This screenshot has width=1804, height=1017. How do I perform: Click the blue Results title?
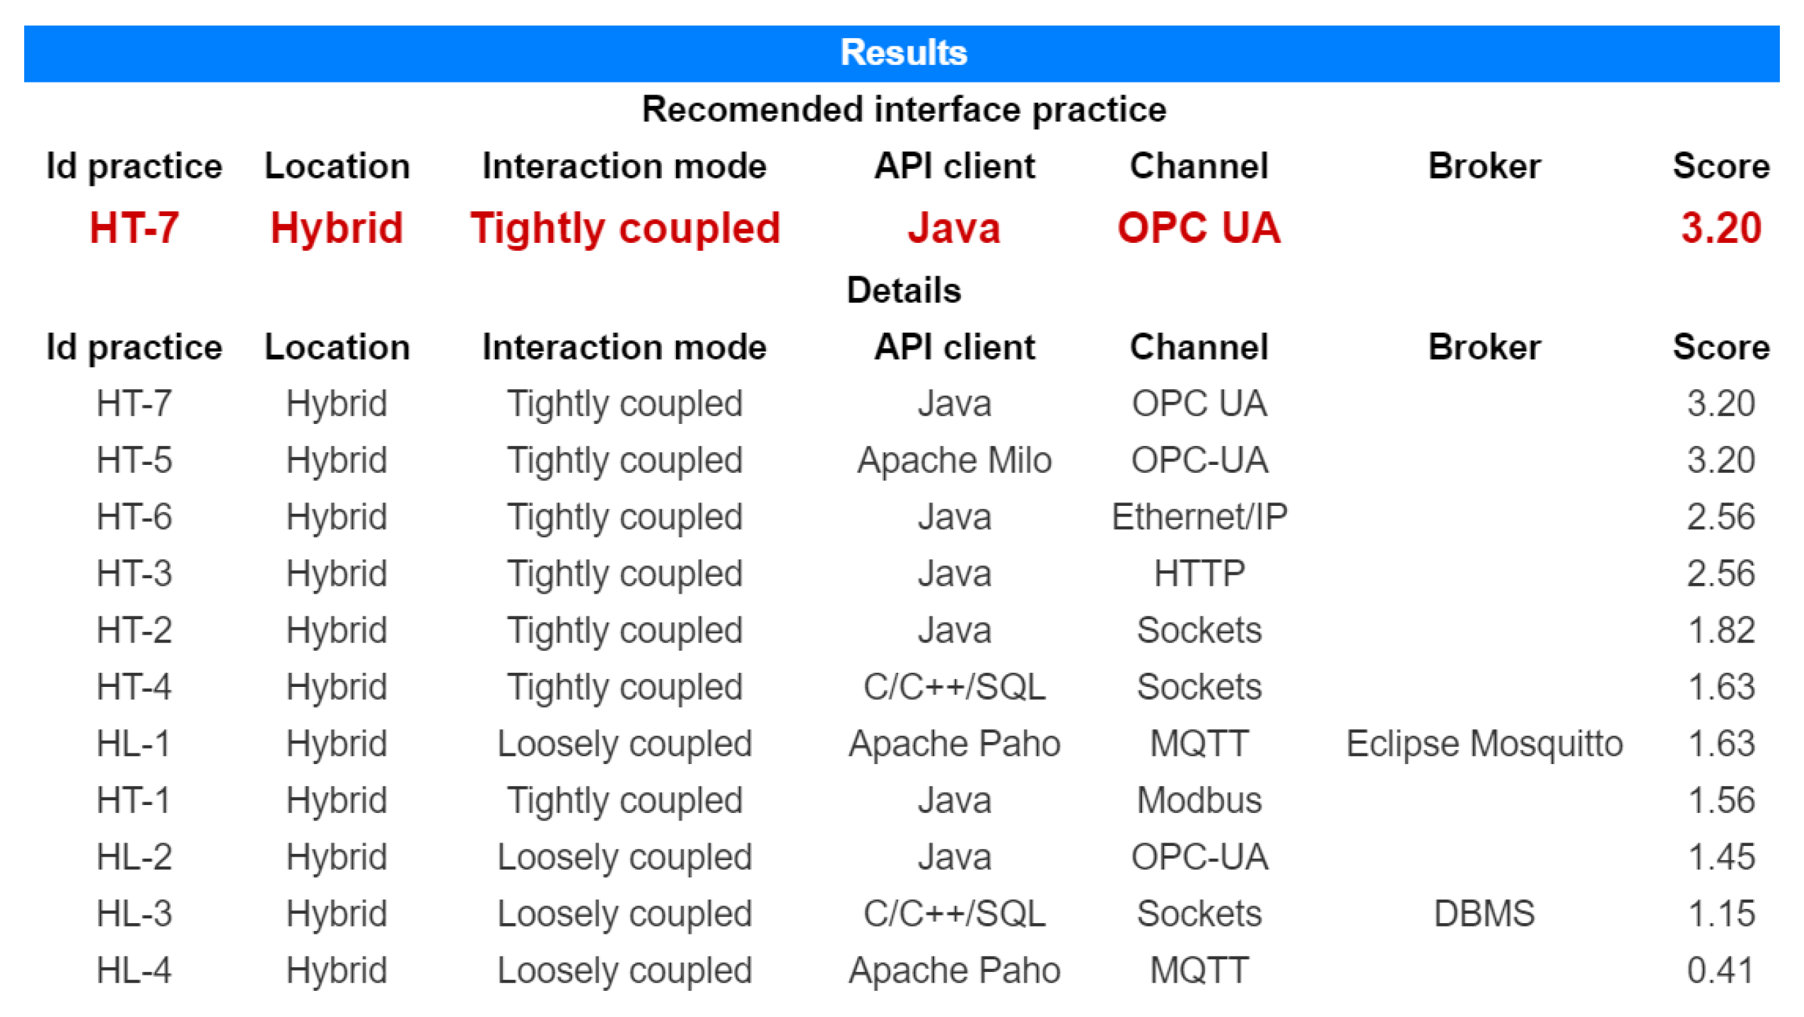[903, 52]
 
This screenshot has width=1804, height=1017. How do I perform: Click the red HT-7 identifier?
[134, 227]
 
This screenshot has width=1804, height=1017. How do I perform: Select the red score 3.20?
[1721, 227]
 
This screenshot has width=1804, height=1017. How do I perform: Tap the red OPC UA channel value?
[1199, 227]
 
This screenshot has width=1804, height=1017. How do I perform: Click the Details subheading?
[903, 290]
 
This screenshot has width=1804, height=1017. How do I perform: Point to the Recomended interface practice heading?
[904, 110]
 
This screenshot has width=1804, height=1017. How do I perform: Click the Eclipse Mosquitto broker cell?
[1484, 744]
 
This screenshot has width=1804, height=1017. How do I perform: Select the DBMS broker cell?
[1484, 913]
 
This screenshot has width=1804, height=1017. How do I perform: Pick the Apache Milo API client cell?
[954, 460]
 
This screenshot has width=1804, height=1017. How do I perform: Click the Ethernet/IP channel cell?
[1199, 517]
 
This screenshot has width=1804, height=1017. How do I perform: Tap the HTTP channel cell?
[1199, 574]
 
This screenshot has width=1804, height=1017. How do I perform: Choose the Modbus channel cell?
[1199, 800]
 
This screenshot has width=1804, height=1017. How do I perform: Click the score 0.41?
[1721, 970]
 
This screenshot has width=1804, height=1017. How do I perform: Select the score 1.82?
[1721, 631]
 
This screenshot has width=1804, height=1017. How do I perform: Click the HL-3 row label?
[134, 913]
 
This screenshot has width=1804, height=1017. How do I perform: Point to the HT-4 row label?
[134, 687]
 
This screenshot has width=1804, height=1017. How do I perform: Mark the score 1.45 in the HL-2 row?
[1721, 857]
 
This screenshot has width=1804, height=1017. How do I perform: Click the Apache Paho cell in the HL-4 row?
[954, 970]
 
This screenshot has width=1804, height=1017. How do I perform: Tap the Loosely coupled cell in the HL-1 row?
[624, 744]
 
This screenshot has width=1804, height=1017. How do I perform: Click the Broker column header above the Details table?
[1484, 347]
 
